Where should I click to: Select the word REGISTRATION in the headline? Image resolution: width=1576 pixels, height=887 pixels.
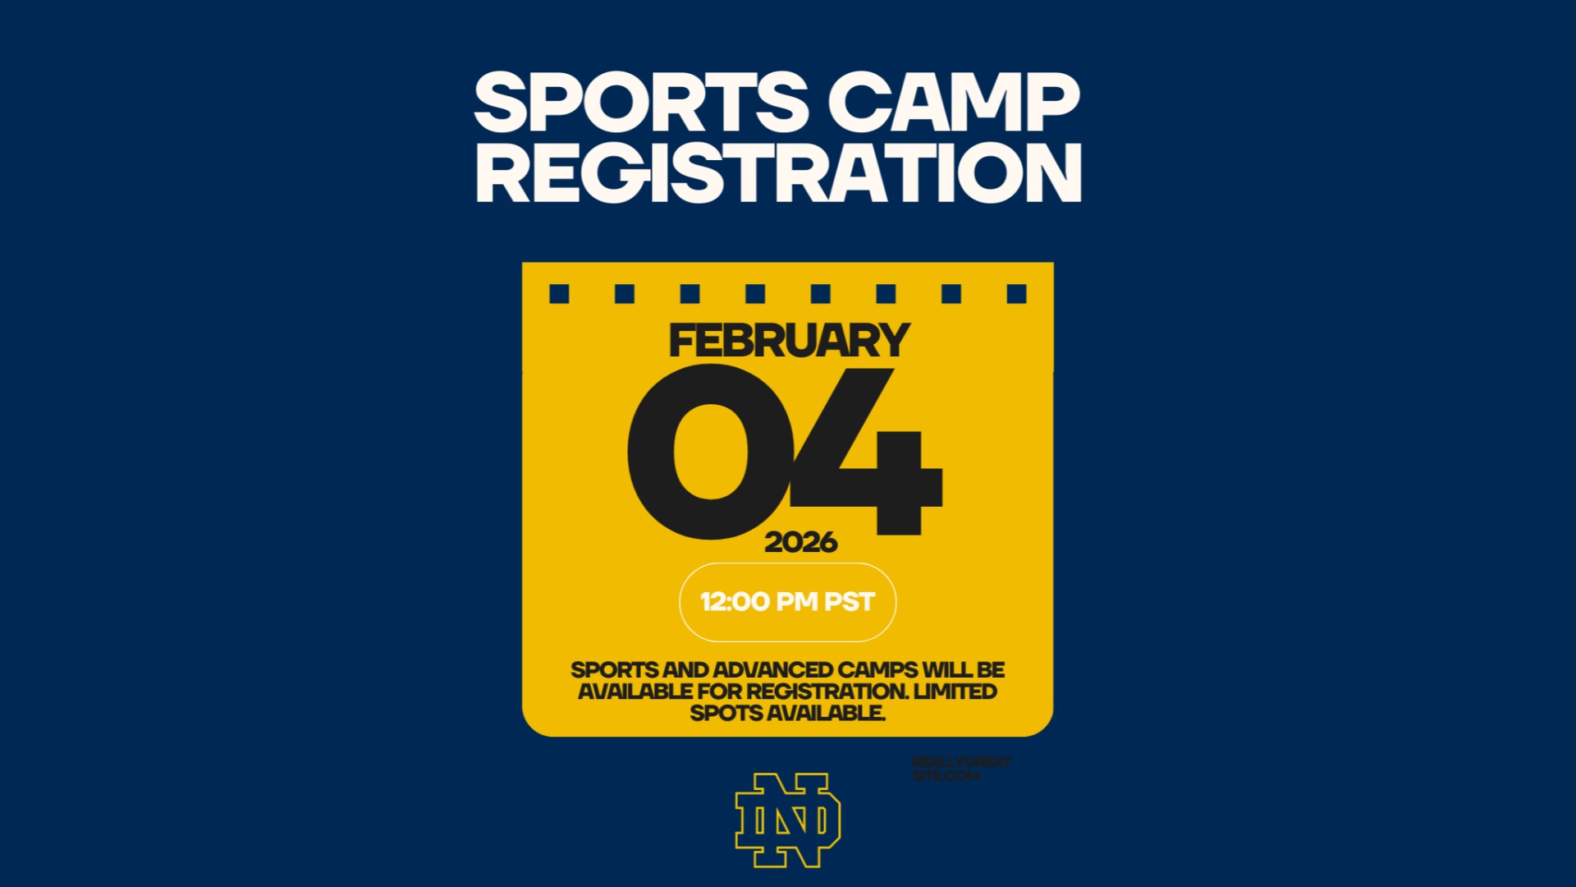778,172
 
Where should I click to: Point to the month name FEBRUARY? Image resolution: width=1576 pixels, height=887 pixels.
789,341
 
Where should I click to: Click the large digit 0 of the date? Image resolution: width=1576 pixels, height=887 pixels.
710,452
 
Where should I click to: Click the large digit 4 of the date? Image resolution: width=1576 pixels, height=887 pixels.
870,452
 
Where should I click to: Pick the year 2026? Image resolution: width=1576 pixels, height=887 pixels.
800,542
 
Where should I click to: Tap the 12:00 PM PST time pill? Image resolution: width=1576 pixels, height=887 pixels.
787,602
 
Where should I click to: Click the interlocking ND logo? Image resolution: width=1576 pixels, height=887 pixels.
787,820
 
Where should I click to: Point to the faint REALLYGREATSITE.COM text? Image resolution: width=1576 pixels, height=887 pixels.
961,769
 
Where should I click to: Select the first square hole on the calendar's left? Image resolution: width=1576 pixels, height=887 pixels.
559,294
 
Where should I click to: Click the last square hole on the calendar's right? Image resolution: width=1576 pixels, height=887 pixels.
1016,294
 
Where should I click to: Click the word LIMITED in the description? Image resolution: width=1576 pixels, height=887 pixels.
955,692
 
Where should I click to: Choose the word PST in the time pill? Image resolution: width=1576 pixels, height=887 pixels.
850,602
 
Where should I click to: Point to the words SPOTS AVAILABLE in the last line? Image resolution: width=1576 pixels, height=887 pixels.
787,713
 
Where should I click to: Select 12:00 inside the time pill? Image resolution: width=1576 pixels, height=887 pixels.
735,602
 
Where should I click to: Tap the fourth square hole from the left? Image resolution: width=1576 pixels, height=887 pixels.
755,294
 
